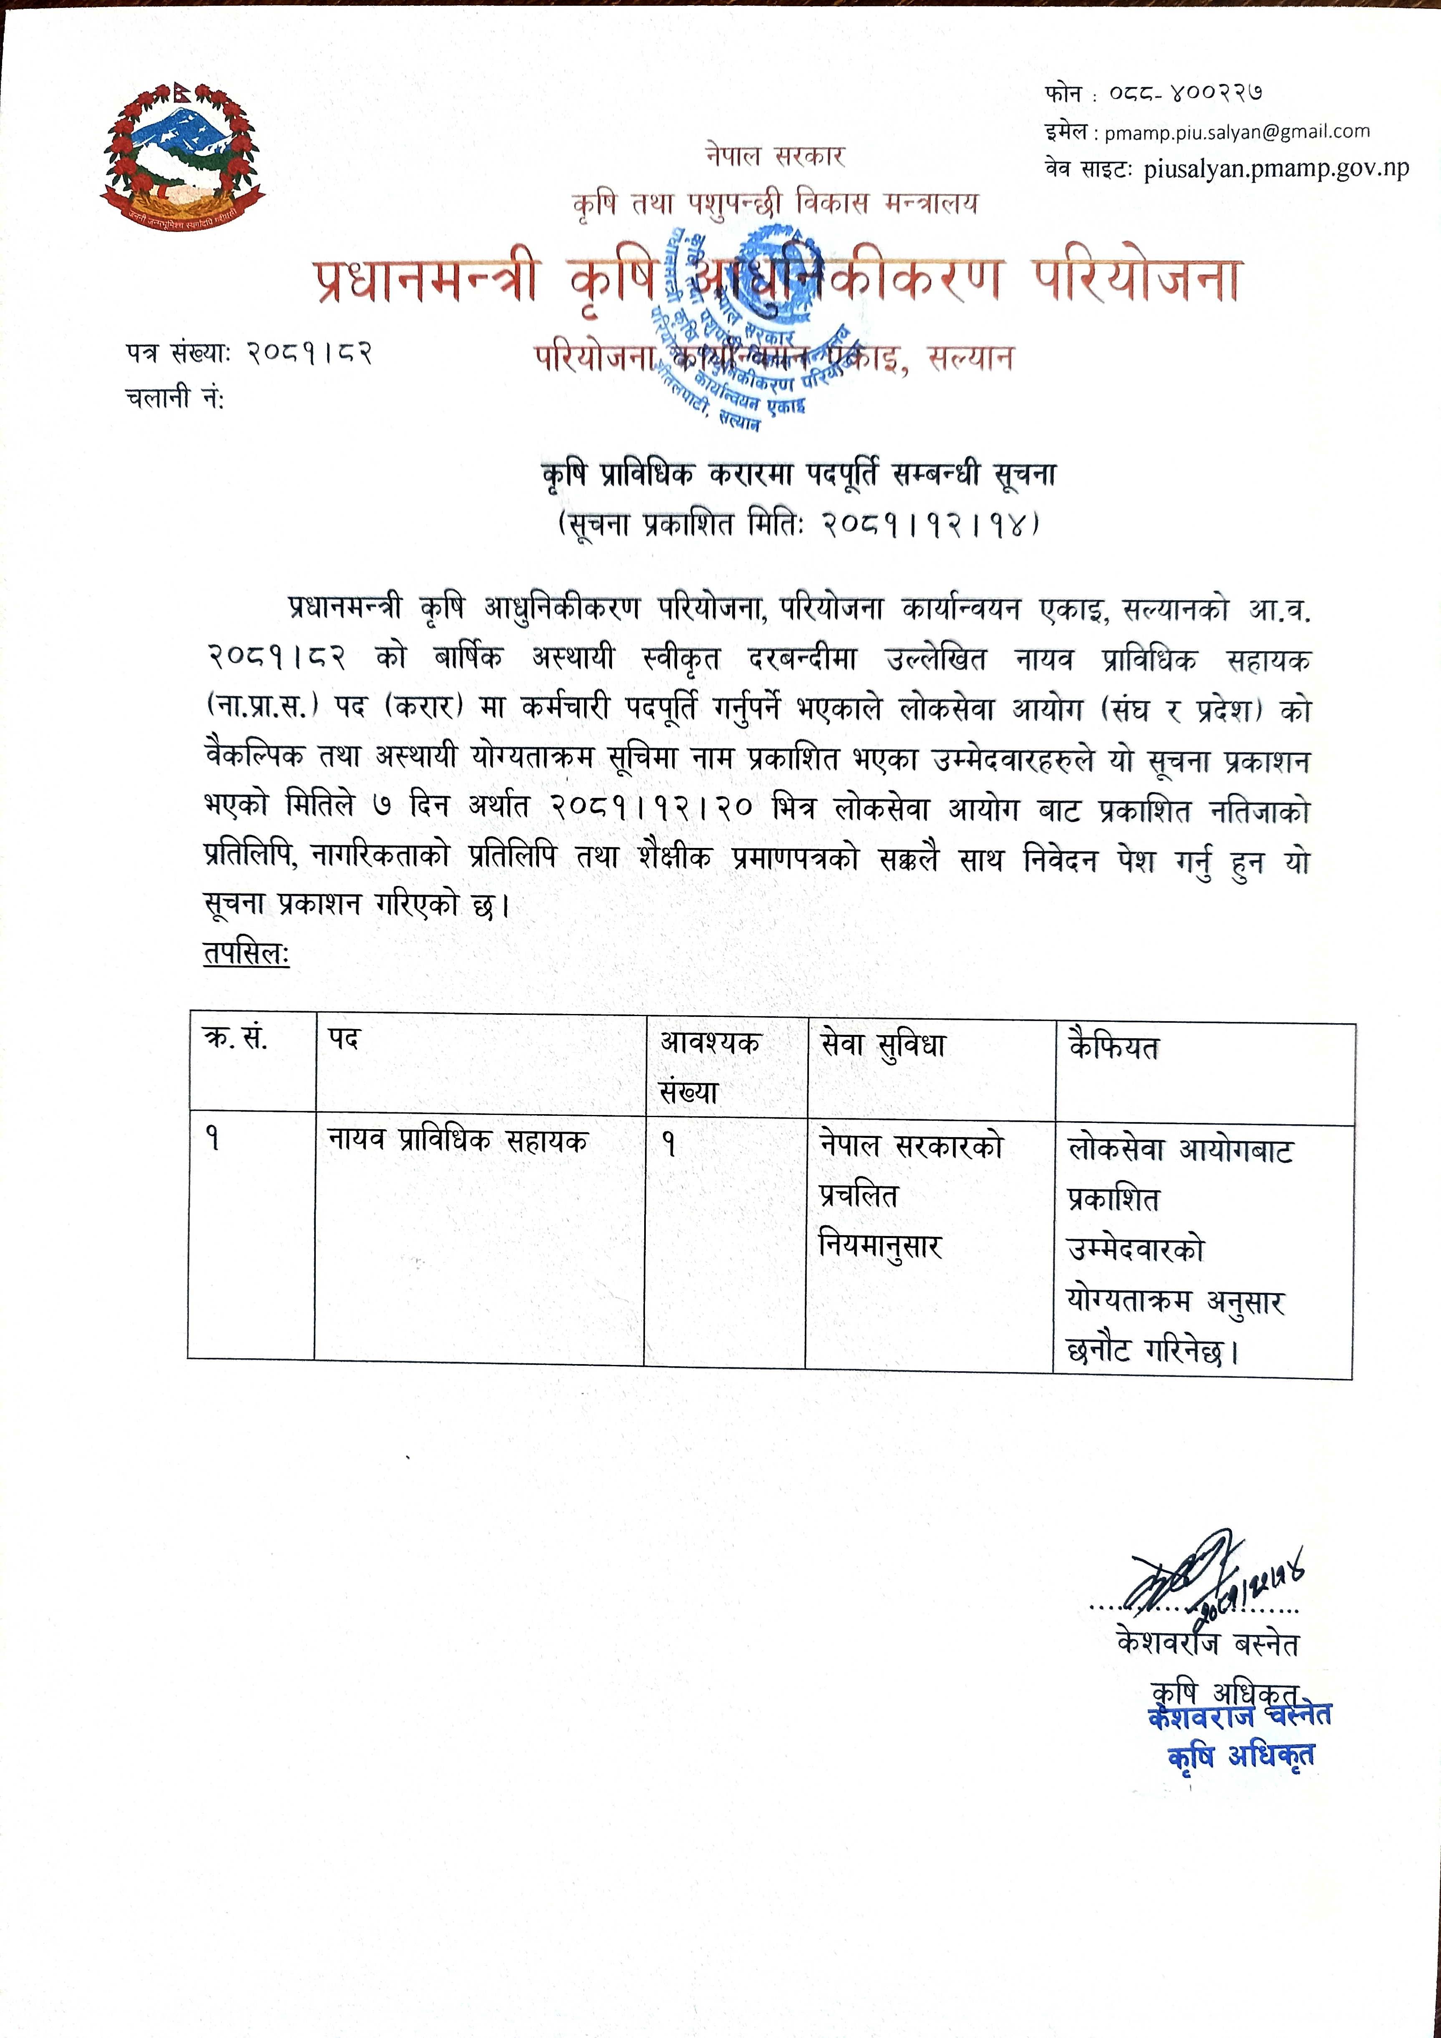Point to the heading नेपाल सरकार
pyautogui.click(x=775, y=156)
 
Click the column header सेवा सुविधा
pyautogui.click(x=883, y=1046)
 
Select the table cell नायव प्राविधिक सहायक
pyautogui.click(x=457, y=1140)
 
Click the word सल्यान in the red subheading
pyautogui.click(x=970, y=358)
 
